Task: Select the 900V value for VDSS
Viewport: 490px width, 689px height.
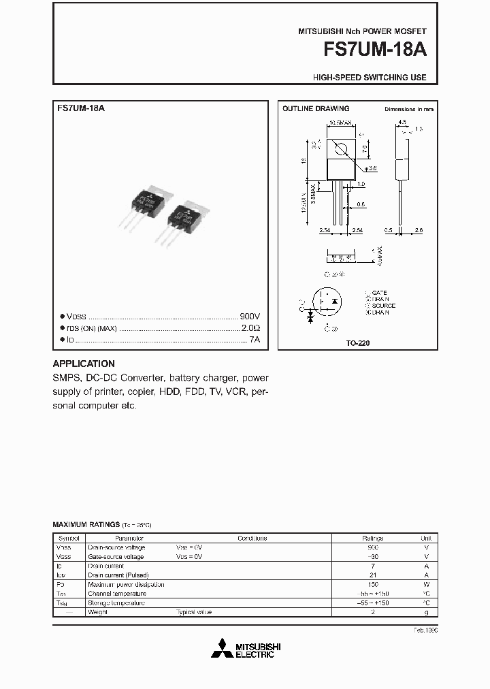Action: [x=250, y=317]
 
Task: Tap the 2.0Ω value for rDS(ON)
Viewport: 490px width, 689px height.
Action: [x=250, y=327]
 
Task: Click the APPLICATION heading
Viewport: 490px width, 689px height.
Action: [x=84, y=364]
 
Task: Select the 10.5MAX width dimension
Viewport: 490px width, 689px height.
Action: [x=341, y=123]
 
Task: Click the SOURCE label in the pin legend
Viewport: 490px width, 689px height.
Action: [x=383, y=306]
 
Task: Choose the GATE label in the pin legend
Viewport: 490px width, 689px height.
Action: [x=379, y=292]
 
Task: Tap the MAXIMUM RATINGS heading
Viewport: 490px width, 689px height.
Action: [x=86, y=525]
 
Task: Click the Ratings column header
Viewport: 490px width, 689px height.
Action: [x=372, y=538]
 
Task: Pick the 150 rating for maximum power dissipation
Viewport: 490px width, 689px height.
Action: [x=372, y=584]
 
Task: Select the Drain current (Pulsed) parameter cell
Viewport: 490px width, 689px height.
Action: [x=116, y=575]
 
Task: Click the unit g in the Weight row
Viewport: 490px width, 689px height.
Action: [x=426, y=612]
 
